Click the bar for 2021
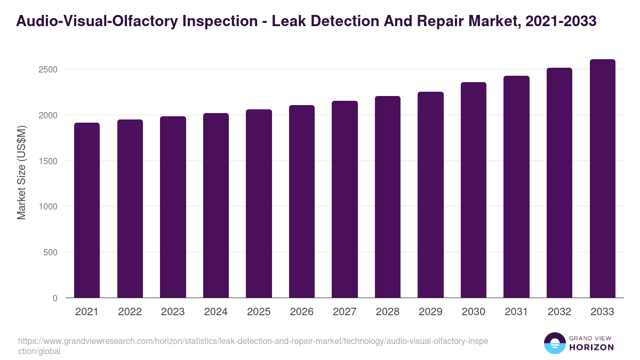point(87,210)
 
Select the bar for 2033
point(602,178)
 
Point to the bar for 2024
point(216,205)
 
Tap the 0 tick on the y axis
point(55,298)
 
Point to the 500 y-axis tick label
point(50,252)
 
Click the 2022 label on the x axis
point(130,312)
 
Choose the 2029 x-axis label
point(430,312)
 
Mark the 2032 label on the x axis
point(559,312)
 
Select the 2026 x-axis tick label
point(302,312)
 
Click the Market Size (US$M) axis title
point(21,172)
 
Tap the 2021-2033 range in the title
point(561,21)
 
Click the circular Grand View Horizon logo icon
point(554,343)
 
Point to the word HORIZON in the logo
point(591,347)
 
